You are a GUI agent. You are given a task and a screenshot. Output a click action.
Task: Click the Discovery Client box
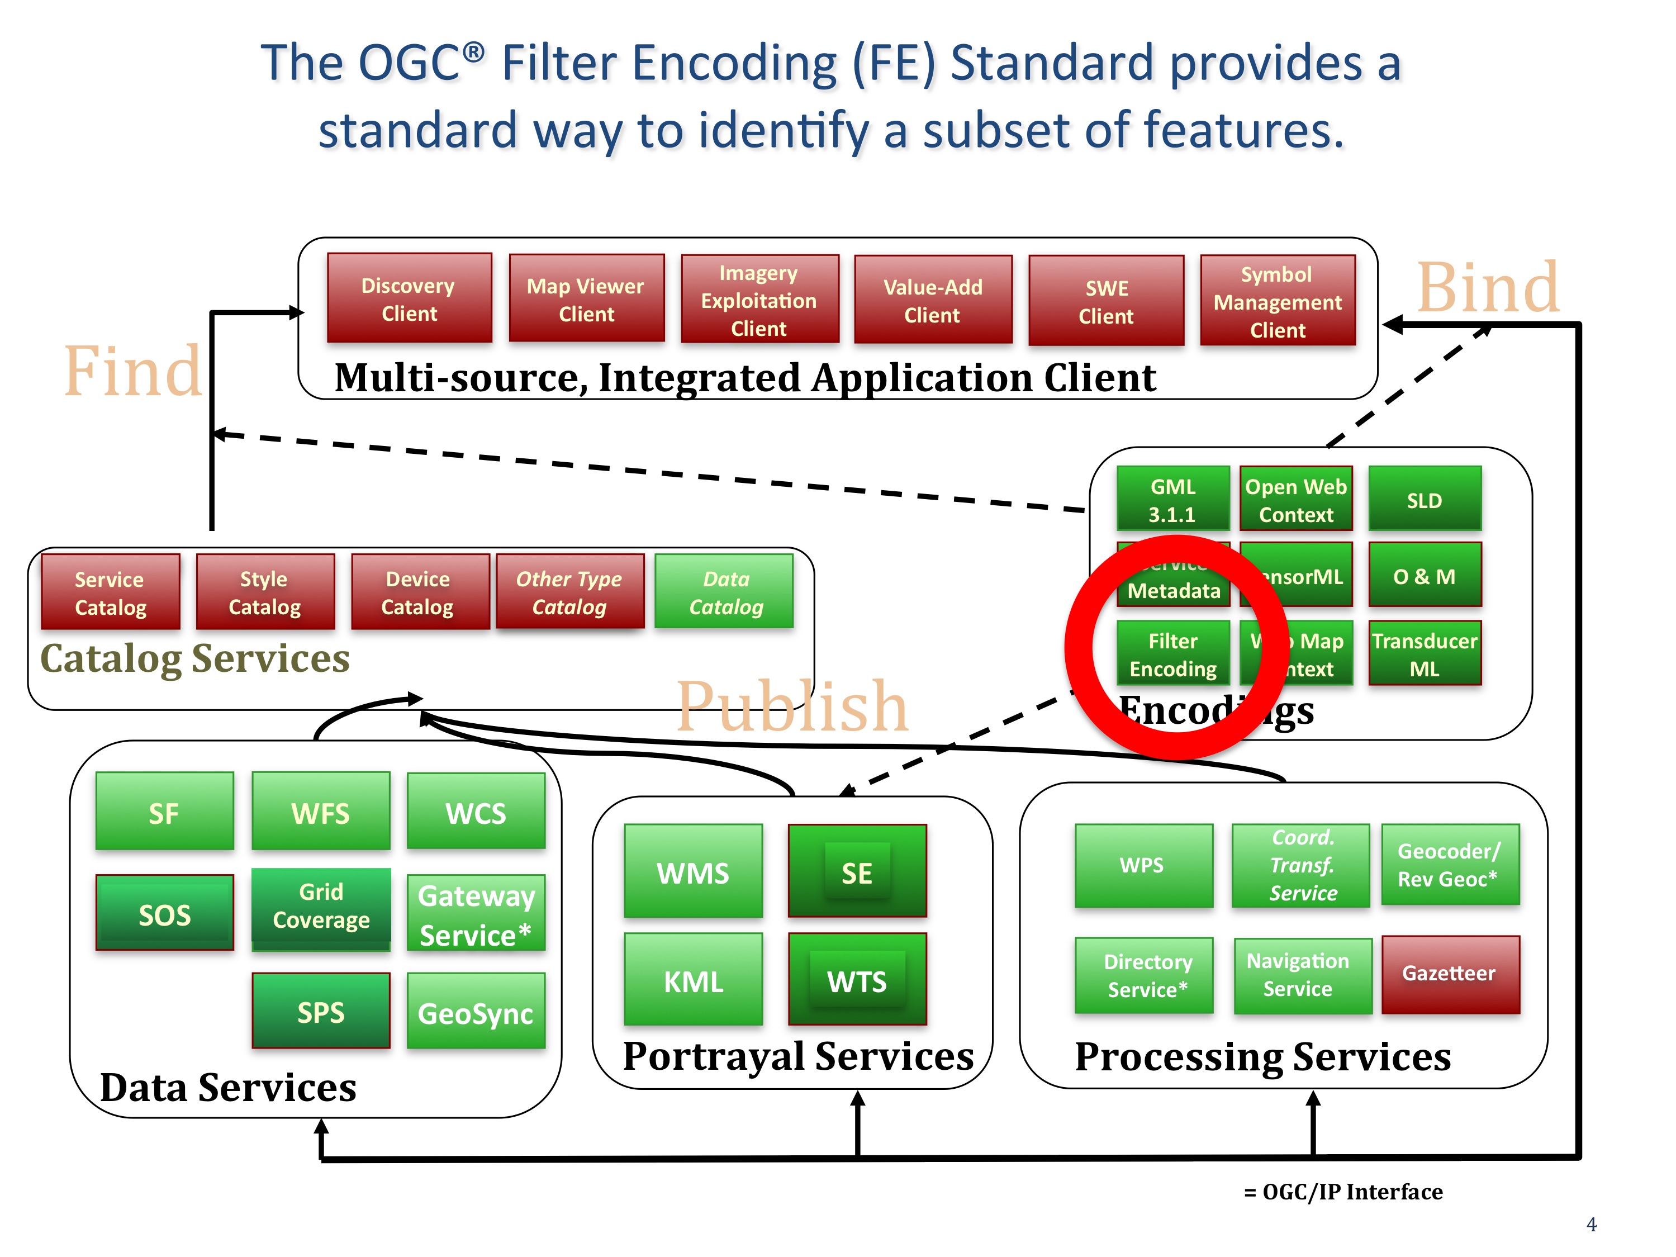click(x=409, y=298)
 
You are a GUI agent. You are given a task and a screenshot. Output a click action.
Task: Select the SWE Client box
click(x=1106, y=301)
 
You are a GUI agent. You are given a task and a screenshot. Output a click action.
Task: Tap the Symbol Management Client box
click(x=1278, y=301)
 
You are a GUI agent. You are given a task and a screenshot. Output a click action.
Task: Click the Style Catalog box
click(x=264, y=592)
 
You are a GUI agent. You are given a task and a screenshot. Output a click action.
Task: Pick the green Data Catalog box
click(x=724, y=592)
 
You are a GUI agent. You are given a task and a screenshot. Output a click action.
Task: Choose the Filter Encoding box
click(x=1173, y=654)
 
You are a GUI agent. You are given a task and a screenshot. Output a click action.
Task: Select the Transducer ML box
click(x=1425, y=654)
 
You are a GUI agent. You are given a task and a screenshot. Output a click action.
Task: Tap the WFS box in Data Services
click(x=320, y=812)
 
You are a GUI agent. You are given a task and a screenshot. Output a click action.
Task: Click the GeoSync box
click(x=476, y=1012)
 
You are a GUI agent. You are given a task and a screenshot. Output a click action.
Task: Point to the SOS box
click(x=164, y=914)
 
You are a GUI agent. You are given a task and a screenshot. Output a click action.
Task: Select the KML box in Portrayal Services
click(x=694, y=980)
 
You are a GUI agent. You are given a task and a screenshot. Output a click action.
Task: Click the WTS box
click(x=857, y=980)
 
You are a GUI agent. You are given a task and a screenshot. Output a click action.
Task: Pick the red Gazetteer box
click(x=1450, y=974)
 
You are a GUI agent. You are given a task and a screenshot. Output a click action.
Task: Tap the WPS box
click(x=1143, y=865)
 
